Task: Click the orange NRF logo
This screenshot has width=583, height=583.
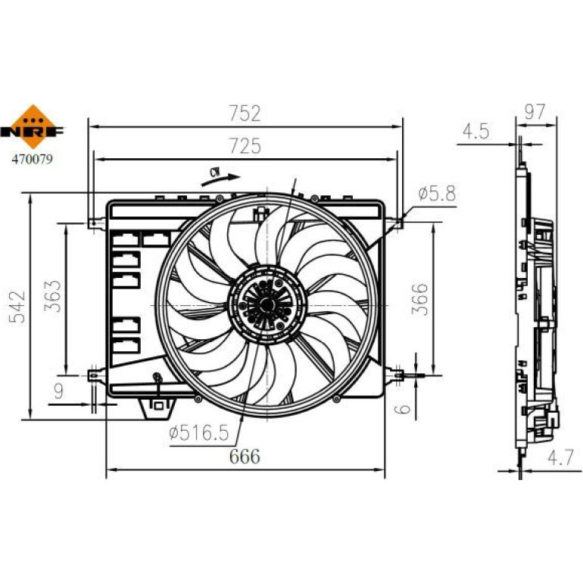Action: coord(33,127)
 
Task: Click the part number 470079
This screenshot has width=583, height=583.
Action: coord(33,159)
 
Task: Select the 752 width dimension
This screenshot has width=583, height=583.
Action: coord(245,114)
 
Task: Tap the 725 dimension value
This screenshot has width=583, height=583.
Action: coord(245,145)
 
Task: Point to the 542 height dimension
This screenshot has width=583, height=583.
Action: coord(17,307)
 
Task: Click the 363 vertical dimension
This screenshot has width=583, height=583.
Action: coord(52,296)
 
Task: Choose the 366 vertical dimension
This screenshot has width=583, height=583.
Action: coord(419,299)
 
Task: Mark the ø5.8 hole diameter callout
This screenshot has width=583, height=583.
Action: coord(437,193)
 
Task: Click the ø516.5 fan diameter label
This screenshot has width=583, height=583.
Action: coord(198,433)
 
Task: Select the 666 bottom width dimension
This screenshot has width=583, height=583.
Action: coord(245,457)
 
